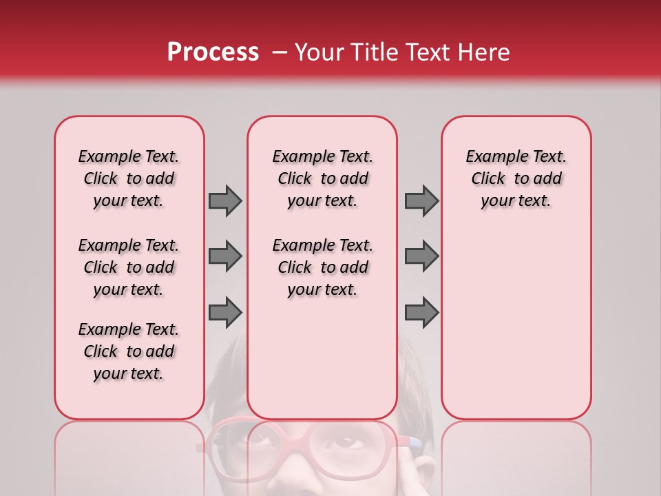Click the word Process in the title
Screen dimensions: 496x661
click(x=213, y=52)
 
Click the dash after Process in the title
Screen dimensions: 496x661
click(x=279, y=53)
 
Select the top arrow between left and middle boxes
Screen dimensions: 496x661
click(x=225, y=200)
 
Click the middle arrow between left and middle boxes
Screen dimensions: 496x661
click(x=225, y=256)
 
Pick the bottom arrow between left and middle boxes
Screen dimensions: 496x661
click(x=225, y=312)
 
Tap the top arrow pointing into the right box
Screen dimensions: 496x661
click(x=421, y=200)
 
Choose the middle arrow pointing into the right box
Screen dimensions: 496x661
click(x=421, y=256)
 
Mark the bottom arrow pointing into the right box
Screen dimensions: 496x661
click(x=421, y=312)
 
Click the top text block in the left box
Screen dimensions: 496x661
click(x=129, y=178)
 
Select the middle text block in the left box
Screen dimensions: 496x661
click(x=129, y=267)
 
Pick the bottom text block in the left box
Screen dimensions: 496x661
click(x=129, y=351)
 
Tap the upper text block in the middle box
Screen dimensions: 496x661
click(x=322, y=178)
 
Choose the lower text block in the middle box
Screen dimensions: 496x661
click(x=322, y=267)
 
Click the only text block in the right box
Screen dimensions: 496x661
click(x=516, y=178)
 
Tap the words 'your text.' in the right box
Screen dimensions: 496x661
click(x=516, y=201)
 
